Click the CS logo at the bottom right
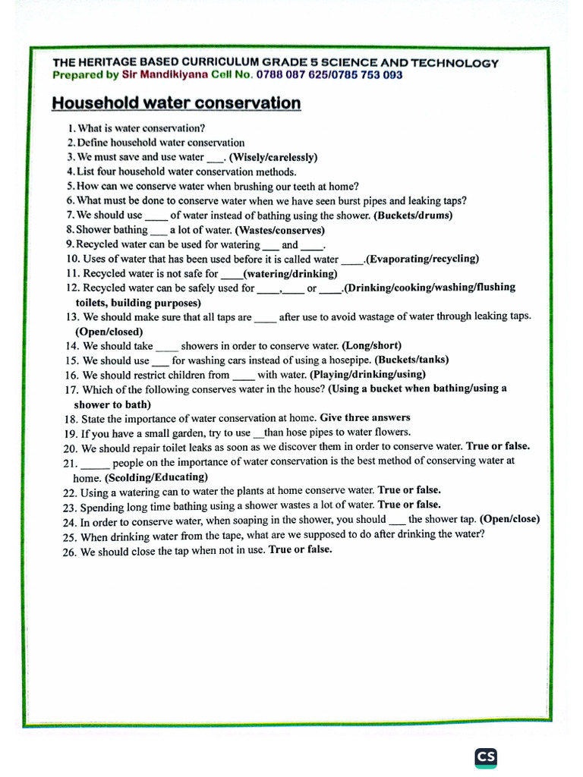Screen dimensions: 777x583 tap(486, 757)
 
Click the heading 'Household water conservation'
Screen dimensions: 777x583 tap(176, 102)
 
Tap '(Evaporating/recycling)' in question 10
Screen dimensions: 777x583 tap(423, 259)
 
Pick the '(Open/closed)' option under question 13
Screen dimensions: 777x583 tap(109, 332)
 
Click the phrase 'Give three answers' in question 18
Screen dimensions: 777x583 tap(365, 417)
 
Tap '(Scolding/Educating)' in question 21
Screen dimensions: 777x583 tap(156, 477)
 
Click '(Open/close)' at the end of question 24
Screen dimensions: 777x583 tap(509, 520)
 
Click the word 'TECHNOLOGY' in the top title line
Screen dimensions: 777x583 tap(457, 63)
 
